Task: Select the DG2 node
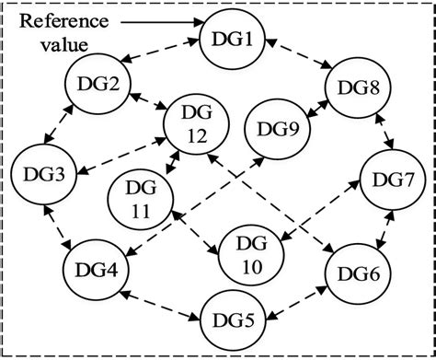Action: (x=95, y=87)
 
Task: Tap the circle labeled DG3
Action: (x=38, y=172)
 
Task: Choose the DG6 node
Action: (x=354, y=273)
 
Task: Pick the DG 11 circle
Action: (x=140, y=197)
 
